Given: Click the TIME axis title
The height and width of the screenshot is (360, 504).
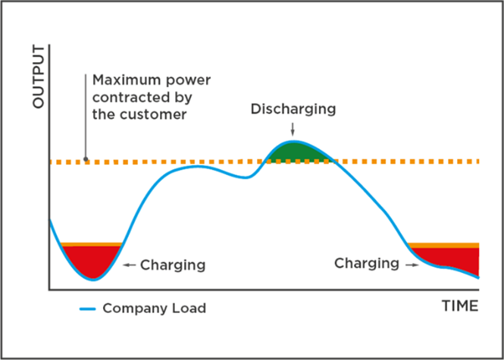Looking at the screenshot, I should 459,306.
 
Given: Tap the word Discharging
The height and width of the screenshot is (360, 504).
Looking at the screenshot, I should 293,108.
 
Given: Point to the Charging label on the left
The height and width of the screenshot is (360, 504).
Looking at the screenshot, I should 173,265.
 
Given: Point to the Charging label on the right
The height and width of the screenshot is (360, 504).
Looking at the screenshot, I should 366,264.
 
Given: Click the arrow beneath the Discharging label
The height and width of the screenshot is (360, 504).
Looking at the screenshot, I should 293,129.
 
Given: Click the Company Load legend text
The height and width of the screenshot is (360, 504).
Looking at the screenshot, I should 154,308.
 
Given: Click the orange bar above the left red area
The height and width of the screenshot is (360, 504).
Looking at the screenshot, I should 91,244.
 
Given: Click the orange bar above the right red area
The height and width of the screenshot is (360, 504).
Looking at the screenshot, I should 444,245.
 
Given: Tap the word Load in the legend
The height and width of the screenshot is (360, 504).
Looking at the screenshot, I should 190,308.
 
